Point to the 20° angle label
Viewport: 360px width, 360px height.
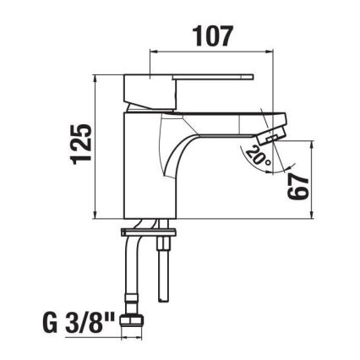(254, 155)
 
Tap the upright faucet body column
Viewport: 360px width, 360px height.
(144, 169)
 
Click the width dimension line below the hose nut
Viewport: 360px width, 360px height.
(132, 339)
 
